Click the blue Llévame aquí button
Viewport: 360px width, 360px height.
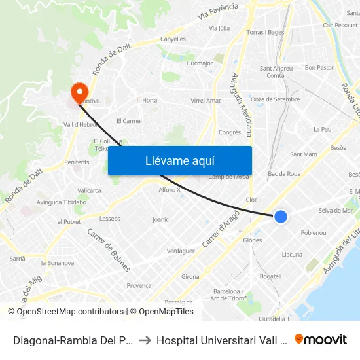(x=179, y=160)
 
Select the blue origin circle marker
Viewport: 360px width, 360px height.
(x=280, y=216)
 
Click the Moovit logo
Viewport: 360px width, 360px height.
(x=321, y=339)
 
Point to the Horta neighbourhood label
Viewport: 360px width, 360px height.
(x=150, y=101)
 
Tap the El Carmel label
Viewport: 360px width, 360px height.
(x=129, y=121)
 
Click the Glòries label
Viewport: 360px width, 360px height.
(x=252, y=240)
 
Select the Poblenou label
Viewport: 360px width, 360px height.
(x=313, y=233)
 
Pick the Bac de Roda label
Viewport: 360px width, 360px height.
(x=284, y=174)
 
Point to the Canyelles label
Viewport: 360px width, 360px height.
(x=173, y=39)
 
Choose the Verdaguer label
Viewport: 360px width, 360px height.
(x=181, y=251)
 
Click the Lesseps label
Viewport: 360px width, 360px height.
(x=110, y=219)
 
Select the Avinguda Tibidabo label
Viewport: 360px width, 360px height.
(x=62, y=202)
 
